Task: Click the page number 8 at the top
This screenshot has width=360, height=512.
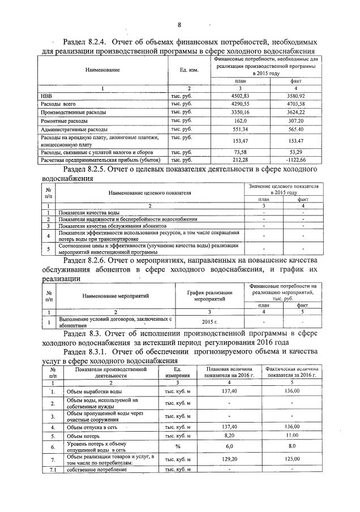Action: tap(179, 25)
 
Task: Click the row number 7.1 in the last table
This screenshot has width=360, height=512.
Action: tap(52, 470)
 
